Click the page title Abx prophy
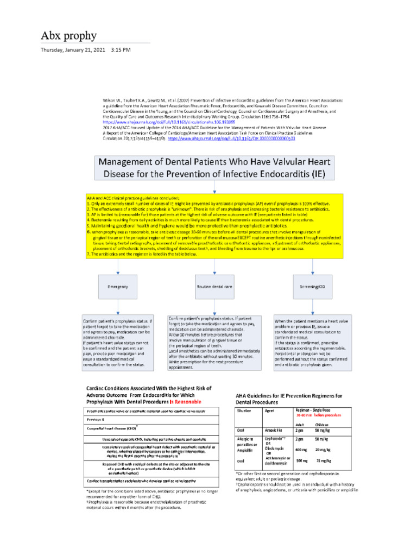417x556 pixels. click(x=69, y=36)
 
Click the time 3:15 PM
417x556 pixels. click(x=121, y=50)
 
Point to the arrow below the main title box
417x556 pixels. click(x=215, y=186)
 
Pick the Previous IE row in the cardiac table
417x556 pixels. click(x=96, y=419)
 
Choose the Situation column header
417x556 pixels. click(x=244, y=411)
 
